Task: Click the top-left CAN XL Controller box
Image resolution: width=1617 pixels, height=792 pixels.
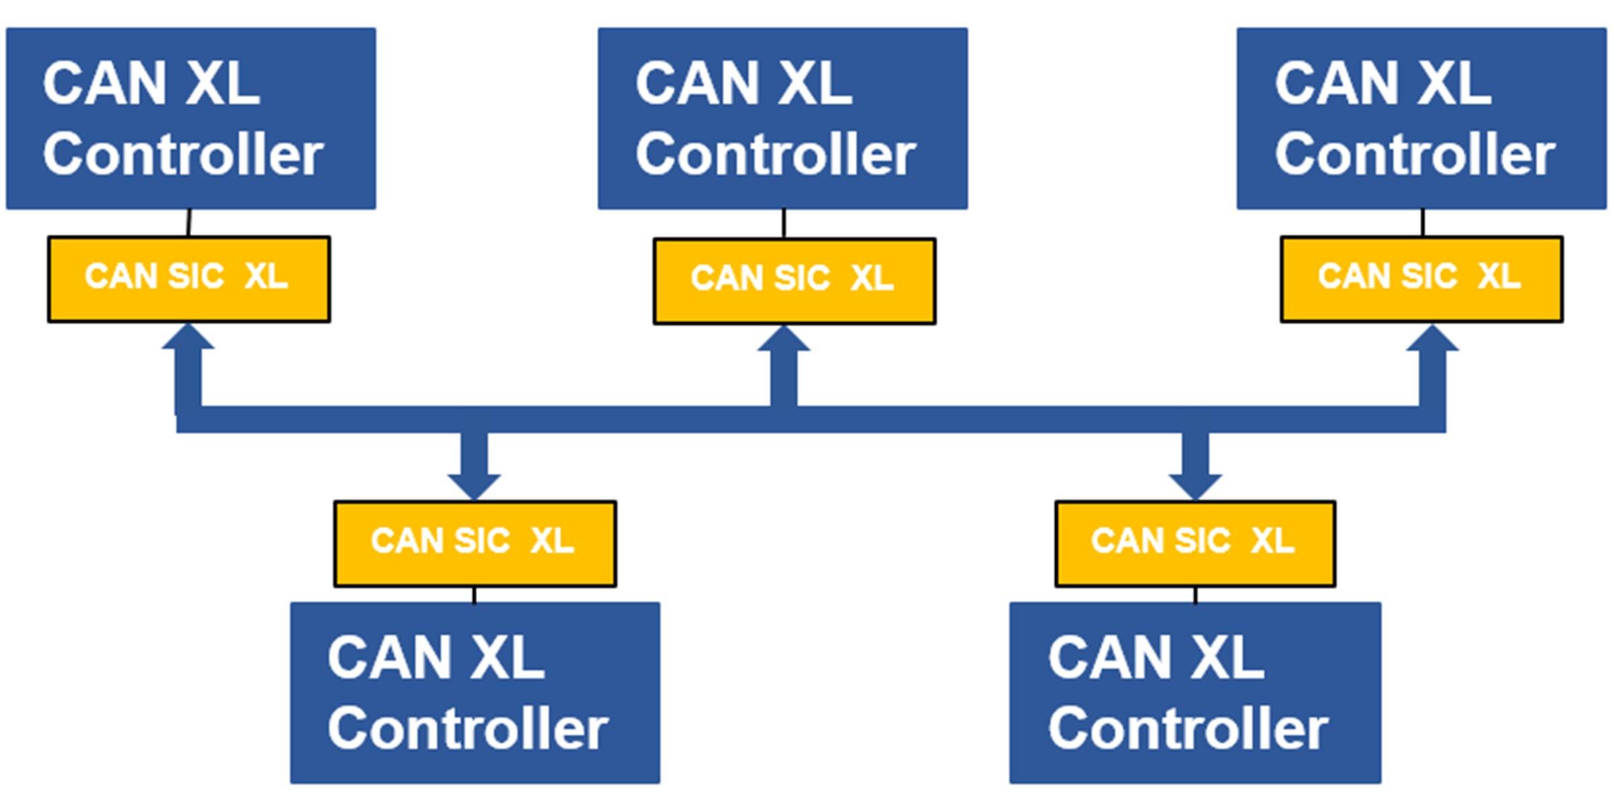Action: [190, 118]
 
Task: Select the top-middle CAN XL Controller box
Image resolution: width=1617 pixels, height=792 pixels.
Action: [783, 118]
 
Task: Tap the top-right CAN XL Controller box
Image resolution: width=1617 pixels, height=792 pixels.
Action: [1421, 118]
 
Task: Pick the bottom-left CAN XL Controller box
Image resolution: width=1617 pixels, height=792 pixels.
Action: [475, 692]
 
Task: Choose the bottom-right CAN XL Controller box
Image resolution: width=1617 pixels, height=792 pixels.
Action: [1195, 692]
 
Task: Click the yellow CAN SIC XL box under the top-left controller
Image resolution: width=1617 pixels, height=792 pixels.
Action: [188, 279]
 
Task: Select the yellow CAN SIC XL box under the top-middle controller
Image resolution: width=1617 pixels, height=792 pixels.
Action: [794, 281]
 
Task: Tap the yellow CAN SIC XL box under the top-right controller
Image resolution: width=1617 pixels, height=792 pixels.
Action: [1421, 279]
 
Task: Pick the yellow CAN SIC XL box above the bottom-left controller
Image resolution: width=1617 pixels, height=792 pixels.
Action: [475, 543]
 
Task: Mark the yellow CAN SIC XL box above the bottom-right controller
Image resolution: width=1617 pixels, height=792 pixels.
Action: [1195, 543]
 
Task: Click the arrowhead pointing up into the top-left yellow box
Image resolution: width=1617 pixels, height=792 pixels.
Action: [188, 338]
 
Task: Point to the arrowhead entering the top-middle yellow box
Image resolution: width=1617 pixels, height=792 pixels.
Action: [784, 340]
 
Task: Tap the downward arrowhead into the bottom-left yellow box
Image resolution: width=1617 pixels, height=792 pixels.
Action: [474, 486]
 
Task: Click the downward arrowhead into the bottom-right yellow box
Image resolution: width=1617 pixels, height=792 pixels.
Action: [1195, 486]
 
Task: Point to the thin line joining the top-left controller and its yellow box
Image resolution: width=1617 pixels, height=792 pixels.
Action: [189, 223]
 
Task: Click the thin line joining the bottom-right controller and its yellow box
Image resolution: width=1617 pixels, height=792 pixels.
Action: [1195, 595]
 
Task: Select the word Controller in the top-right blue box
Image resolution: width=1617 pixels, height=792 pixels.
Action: [1414, 154]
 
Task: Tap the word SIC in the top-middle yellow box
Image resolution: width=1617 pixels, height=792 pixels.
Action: [802, 278]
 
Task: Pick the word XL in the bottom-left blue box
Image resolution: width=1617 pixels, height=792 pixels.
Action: [507, 657]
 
